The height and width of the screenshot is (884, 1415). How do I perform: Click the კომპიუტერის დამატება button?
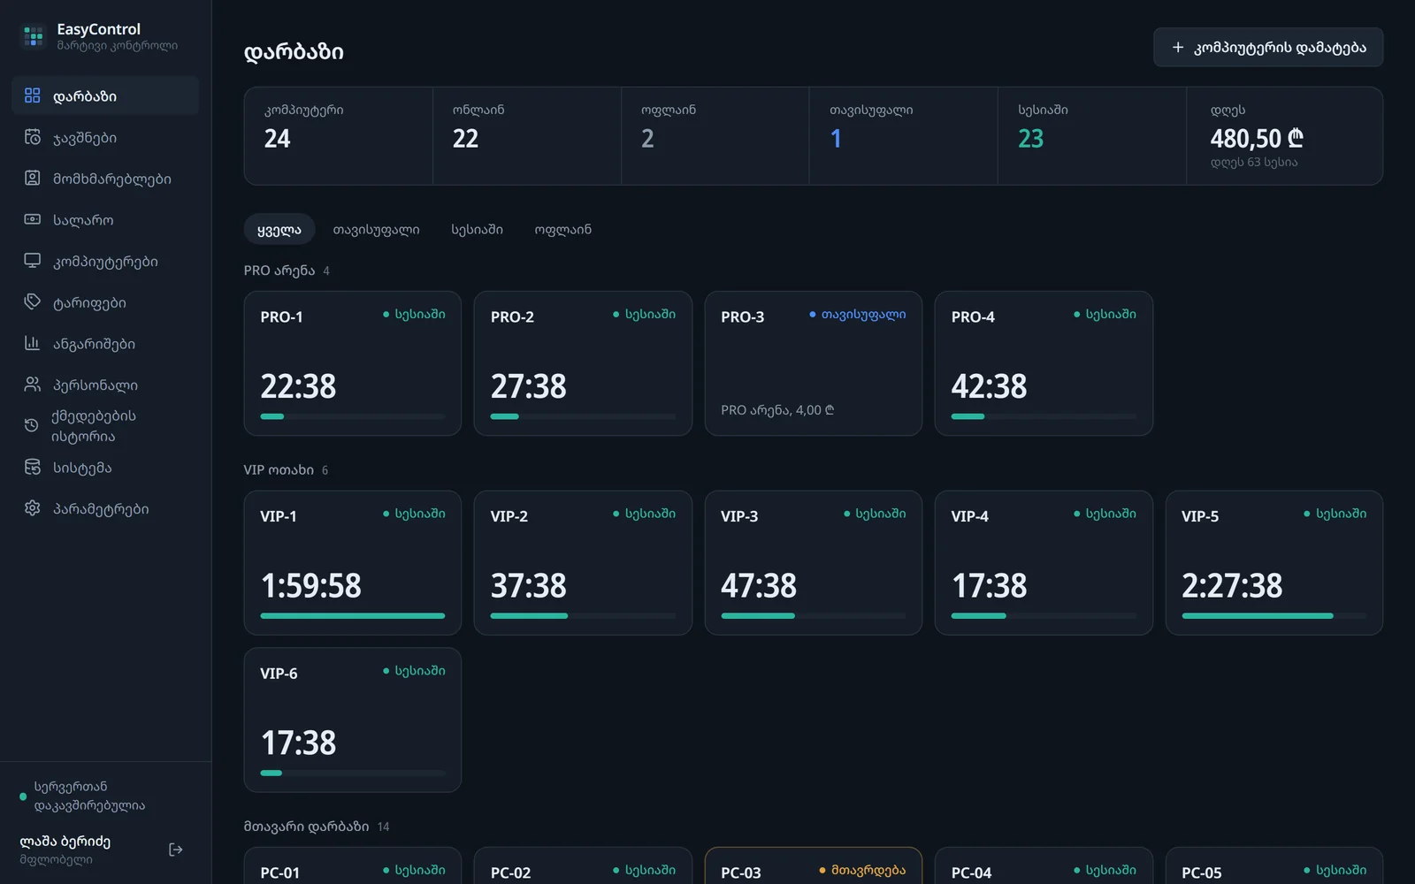[x=1268, y=48]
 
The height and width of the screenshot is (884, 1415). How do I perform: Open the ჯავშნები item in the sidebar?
[x=85, y=138]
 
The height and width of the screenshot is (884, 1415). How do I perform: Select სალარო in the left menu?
[x=83, y=220]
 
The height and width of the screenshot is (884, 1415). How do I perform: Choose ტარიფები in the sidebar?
[x=89, y=302]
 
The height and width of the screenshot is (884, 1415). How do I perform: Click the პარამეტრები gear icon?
[x=32, y=508]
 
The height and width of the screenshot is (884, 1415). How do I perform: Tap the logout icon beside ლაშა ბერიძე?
[x=176, y=850]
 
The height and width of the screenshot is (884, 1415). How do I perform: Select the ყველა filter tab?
[x=279, y=229]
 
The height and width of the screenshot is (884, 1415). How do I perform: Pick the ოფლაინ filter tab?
[x=562, y=229]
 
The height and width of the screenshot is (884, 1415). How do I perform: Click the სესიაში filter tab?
[x=477, y=229]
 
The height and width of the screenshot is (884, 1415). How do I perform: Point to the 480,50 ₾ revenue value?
[x=1257, y=138]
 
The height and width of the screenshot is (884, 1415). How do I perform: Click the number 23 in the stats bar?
[x=1030, y=138]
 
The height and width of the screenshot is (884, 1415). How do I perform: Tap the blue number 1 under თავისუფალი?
[x=836, y=138]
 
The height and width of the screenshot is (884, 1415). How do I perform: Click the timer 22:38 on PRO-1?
[x=298, y=385]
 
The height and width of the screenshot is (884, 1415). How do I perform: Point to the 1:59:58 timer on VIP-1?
[x=310, y=585]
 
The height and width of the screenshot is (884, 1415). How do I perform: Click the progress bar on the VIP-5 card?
[x=1273, y=615]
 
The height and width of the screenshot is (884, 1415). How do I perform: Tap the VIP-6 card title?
[x=279, y=674]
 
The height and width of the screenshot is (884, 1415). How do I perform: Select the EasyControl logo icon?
[x=33, y=36]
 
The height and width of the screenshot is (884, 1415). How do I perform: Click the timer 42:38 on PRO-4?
[x=990, y=385]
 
